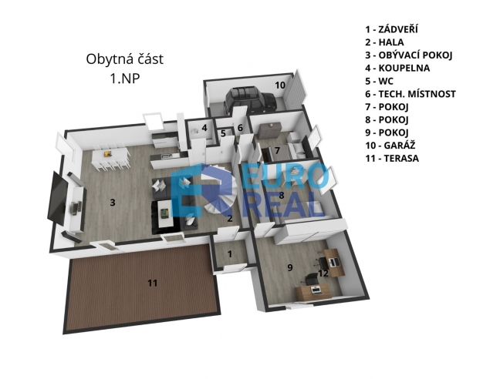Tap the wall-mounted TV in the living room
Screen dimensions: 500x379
(57, 197)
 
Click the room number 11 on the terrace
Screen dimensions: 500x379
(153, 283)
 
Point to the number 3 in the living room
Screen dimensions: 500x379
(112, 203)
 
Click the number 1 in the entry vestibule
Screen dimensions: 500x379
(230, 254)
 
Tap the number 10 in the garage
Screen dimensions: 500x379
(279, 86)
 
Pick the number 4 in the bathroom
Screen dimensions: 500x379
(204, 128)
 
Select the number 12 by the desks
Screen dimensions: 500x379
(323, 273)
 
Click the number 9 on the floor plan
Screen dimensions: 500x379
(290, 267)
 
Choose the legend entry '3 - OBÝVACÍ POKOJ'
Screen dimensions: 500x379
(409, 55)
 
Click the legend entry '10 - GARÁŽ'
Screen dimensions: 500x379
(390, 146)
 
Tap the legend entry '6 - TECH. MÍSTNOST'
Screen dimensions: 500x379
(410, 94)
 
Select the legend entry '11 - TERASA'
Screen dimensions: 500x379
(392, 158)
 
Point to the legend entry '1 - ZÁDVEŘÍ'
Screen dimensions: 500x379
(391, 29)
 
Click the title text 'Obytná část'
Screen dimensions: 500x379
(125, 59)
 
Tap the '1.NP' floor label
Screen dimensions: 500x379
(125, 79)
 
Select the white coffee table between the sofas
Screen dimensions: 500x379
(165, 213)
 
